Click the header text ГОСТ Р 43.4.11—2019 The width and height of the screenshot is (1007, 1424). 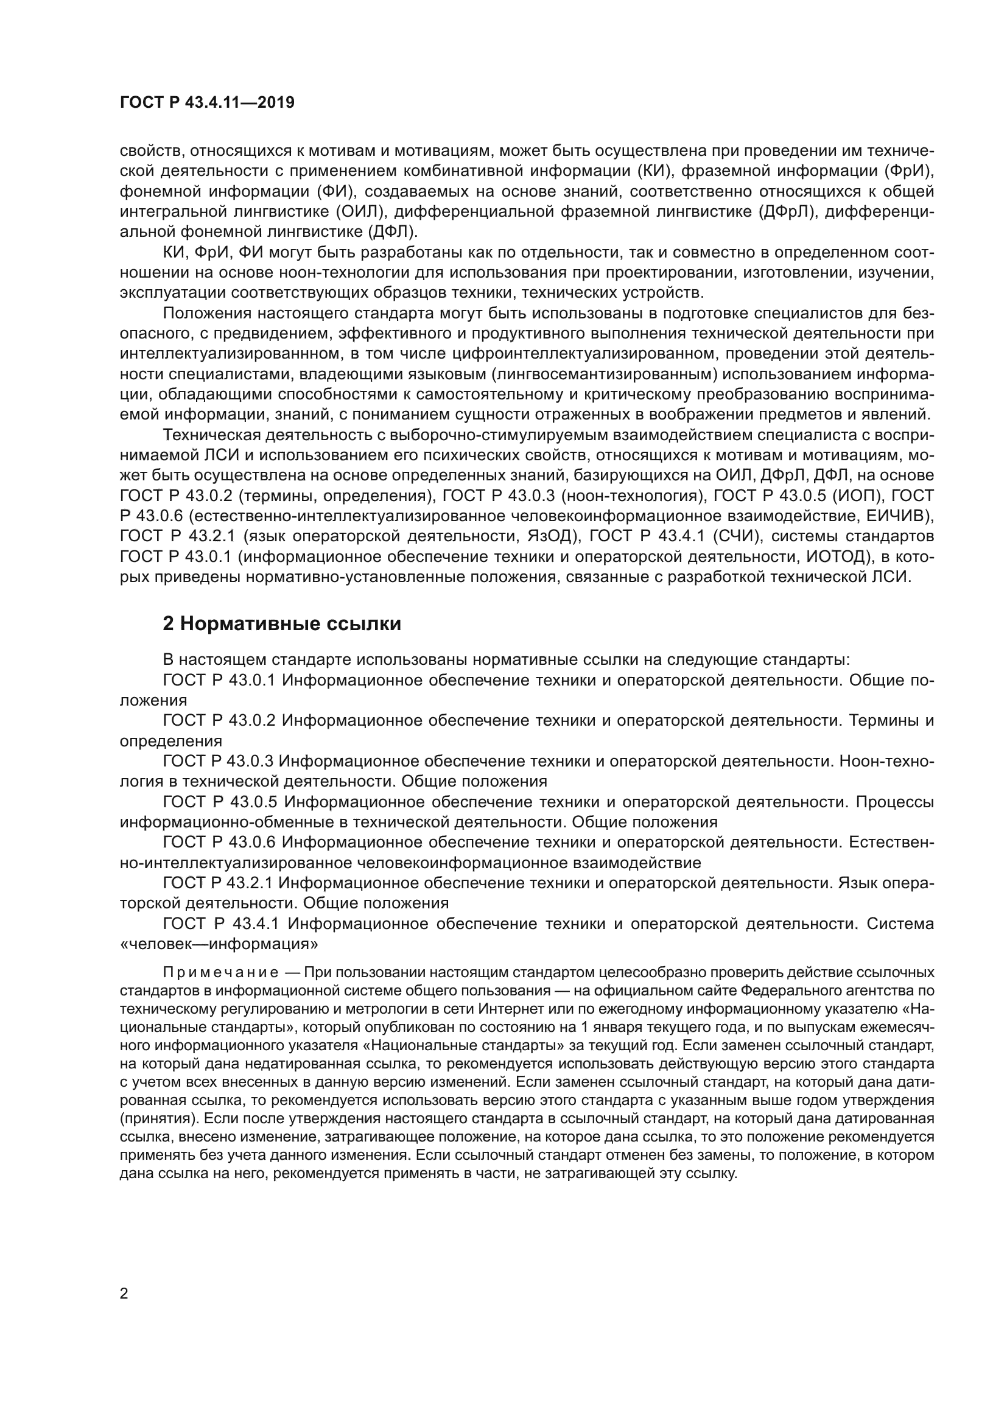click(x=207, y=103)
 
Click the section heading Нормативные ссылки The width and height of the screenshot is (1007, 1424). click(x=282, y=624)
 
